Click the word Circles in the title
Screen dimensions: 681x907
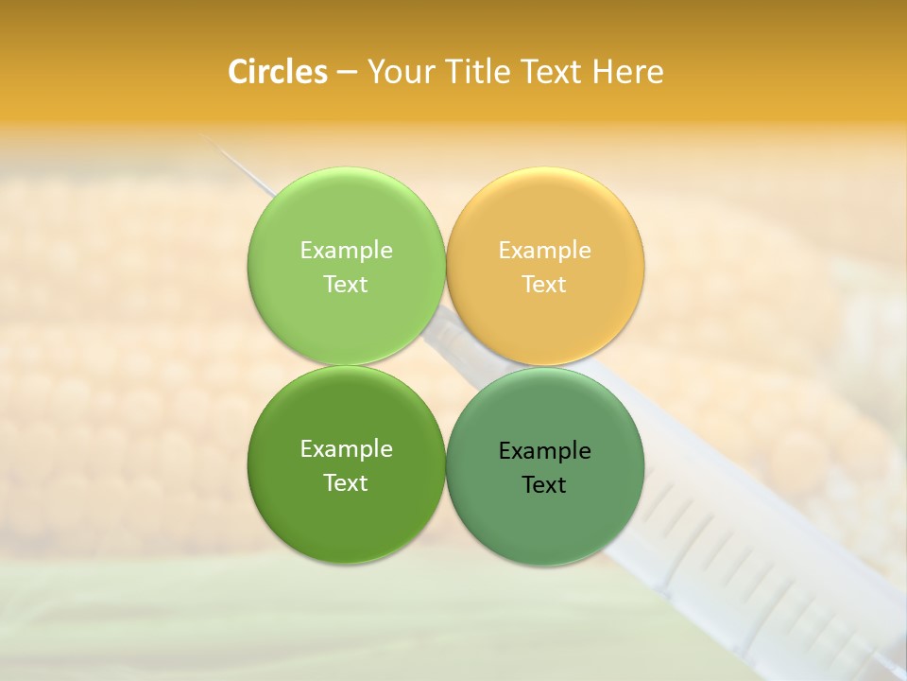point(277,72)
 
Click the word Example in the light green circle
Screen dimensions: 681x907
point(346,251)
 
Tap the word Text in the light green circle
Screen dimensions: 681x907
point(346,285)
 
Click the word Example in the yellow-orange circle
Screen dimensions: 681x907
point(545,251)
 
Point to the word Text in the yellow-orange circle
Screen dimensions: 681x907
point(545,285)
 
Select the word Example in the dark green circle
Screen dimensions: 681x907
point(346,449)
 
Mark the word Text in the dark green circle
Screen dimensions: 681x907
point(346,483)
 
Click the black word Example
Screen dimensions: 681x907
point(545,451)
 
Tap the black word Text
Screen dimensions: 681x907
point(545,485)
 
